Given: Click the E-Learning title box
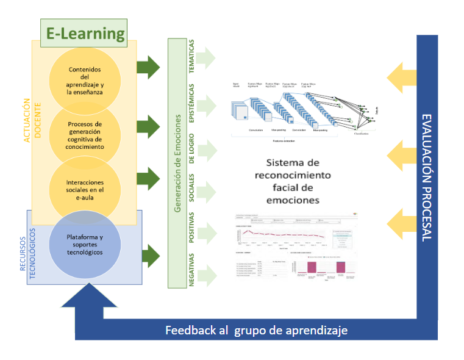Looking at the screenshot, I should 85,33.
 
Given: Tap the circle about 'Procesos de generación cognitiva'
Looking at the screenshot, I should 85,135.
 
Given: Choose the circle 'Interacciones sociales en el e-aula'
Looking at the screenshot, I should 85,190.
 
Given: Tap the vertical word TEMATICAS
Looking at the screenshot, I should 191,58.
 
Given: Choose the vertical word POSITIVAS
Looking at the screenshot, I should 191,229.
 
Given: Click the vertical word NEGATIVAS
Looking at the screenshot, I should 191,269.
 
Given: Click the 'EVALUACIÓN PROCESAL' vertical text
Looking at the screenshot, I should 427,177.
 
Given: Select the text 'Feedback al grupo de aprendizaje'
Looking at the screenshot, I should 257,330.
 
